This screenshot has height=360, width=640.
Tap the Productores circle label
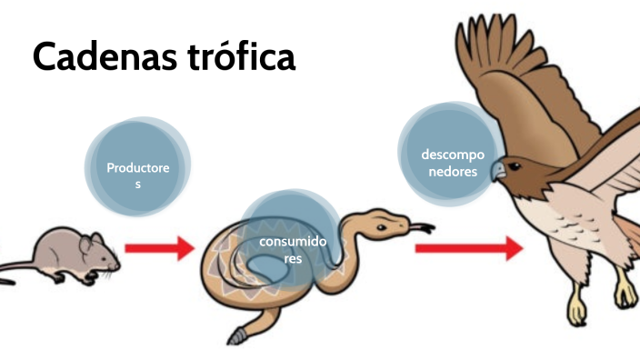click(137, 175)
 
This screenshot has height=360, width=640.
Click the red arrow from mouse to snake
click(159, 246)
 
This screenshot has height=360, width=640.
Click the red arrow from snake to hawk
click(468, 247)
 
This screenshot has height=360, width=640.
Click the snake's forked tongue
click(423, 225)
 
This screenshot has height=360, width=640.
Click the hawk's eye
click(515, 166)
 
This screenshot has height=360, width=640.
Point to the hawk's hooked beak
click(497, 172)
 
